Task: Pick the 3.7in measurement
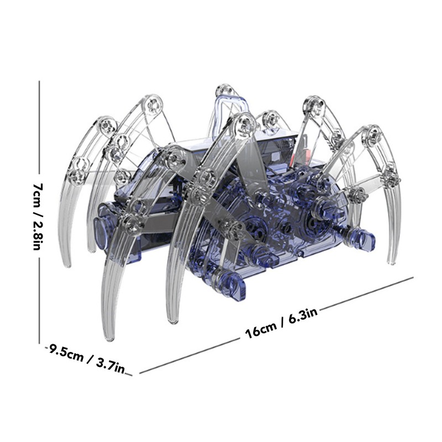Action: point(112,365)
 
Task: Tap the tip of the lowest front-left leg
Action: point(106,337)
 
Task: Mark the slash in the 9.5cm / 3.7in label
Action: point(90,359)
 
